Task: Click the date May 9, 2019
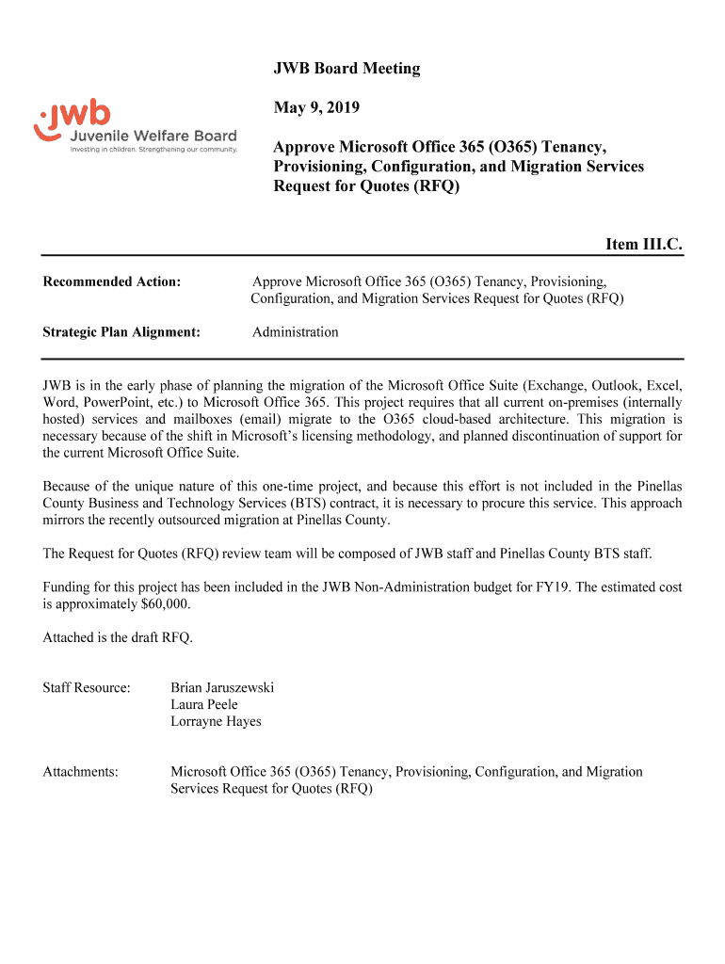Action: (x=316, y=108)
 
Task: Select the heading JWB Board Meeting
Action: (x=346, y=69)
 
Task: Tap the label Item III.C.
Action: (x=643, y=245)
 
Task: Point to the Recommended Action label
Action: (x=112, y=281)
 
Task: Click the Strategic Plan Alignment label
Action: (x=121, y=332)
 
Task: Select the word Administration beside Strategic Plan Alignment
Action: (x=296, y=332)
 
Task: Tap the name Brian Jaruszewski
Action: (x=222, y=688)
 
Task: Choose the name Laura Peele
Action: (x=204, y=705)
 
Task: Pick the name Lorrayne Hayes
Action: (x=216, y=722)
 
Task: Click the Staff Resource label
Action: (x=87, y=688)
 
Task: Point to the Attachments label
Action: (x=81, y=772)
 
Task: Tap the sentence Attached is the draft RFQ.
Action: (x=118, y=638)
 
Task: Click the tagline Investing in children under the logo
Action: (x=154, y=149)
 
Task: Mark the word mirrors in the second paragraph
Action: (x=66, y=521)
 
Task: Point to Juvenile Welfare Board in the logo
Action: (x=154, y=137)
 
